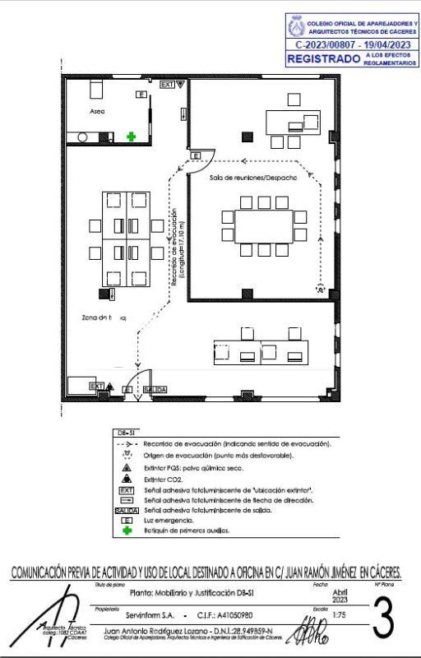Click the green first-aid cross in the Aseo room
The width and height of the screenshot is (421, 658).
pos(131,136)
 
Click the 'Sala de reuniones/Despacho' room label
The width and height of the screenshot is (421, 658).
pos(252,177)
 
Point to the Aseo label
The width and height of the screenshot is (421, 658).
pos(97,110)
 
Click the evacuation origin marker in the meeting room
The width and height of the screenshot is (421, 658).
pos(322,288)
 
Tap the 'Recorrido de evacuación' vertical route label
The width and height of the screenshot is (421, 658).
pos(178,247)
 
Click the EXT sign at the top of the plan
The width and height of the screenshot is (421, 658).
pos(168,85)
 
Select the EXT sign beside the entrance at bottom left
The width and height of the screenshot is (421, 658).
pos(96,386)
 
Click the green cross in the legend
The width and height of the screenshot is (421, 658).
pos(127,531)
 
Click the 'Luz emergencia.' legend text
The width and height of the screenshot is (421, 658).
pos(169,521)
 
